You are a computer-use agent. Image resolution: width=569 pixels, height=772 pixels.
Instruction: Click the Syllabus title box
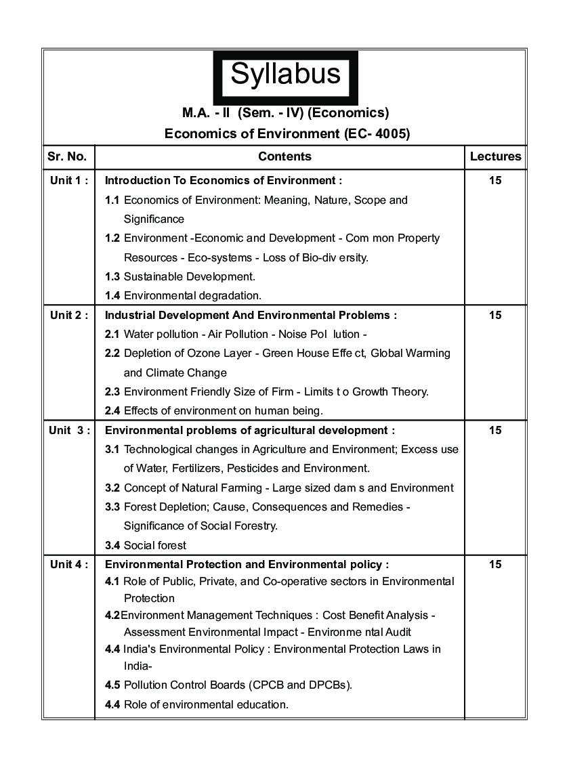[x=285, y=74]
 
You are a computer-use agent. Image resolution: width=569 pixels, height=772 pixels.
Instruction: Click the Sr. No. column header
[x=67, y=156]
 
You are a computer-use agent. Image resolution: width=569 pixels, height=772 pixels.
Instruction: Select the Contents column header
[x=284, y=156]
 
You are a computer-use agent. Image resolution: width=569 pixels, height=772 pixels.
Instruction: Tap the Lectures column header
[x=495, y=156]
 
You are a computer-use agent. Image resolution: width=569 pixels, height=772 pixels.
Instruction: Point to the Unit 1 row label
[x=69, y=181]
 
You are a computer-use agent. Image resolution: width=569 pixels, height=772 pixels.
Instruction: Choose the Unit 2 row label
[x=69, y=315]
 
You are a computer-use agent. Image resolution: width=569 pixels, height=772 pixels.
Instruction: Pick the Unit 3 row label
[x=69, y=430]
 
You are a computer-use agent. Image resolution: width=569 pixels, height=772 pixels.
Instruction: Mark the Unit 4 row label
[x=69, y=564]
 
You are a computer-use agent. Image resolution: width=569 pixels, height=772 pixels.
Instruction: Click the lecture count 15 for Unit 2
[x=495, y=315]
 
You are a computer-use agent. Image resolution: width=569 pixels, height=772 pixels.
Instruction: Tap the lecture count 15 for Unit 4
[x=495, y=564]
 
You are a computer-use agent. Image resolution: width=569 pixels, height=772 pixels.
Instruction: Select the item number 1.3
[x=112, y=276]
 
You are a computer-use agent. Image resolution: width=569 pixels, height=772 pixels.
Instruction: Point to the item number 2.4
[x=112, y=410]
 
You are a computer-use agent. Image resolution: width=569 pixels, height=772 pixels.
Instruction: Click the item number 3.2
[x=112, y=488]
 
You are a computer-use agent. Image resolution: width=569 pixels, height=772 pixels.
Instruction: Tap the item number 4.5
[x=112, y=685]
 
